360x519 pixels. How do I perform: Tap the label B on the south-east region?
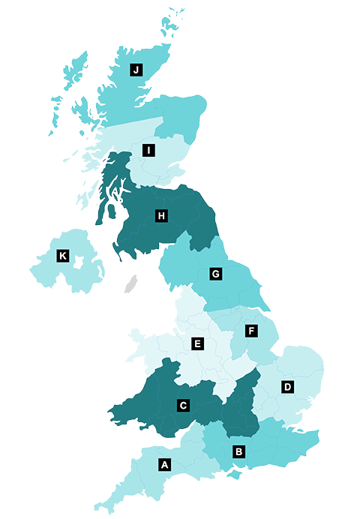coord(238,451)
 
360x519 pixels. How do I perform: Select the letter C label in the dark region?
coord(182,406)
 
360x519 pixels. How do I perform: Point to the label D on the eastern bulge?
coord(286,387)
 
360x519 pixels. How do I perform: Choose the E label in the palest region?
coord(198,344)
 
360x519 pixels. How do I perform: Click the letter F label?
coord(251,330)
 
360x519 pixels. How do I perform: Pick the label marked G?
coord(215,274)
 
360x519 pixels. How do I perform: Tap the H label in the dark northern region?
coord(160,216)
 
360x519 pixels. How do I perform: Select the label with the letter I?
coord(149,151)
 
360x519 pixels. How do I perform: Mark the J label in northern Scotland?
coord(136,70)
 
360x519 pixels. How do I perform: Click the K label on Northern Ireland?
coord(63,256)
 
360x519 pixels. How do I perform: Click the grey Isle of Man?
coord(131,284)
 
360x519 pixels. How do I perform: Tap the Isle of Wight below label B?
coord(234,475)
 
